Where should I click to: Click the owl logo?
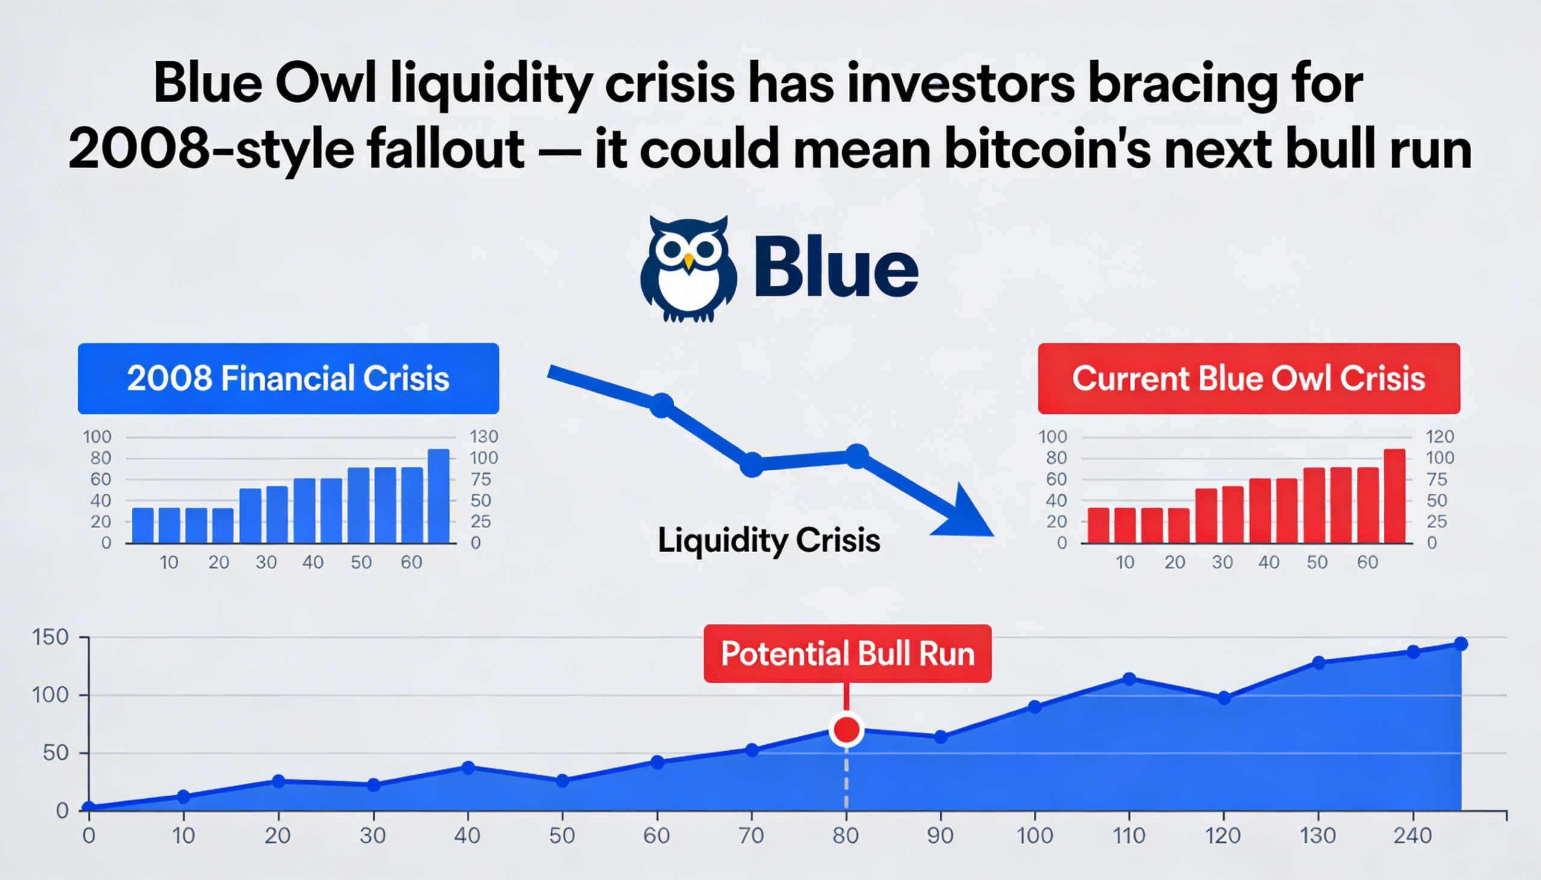(x=688, y=269)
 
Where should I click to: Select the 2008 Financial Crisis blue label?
(x=288, y=378)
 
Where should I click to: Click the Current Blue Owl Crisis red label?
(x=1248, y=378)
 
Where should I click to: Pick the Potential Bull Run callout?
(x=847, y=654)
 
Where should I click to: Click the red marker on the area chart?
(x=846, y=730)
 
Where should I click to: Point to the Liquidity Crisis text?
(x=768, y=540)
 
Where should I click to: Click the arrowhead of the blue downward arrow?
(x=968, y=514)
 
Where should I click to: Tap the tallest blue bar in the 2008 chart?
(x=438, y=496)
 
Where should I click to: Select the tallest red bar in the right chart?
(x=1394, y=496)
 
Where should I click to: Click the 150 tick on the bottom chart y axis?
(x=50, y=638)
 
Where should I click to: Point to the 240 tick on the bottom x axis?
(x=1412, y=836)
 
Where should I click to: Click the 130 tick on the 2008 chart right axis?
(x=483, y=436)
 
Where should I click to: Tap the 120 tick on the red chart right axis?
(x=1439, y=436)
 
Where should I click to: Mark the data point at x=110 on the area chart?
(x=1129, y=678)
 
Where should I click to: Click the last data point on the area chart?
(x=1460, y=644)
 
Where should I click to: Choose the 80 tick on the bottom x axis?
(x=846, y=836)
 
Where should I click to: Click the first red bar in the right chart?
(x=1099, y=525)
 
